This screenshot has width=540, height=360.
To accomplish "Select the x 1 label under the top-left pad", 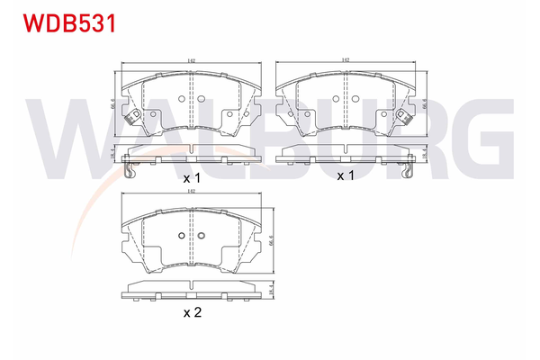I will tap(191, 179).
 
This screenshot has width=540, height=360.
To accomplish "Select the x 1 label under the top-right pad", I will tap(346, 175).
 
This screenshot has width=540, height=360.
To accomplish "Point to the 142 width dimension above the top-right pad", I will tap(345, 61).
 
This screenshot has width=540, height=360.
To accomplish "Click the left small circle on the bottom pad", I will tap(182, 237).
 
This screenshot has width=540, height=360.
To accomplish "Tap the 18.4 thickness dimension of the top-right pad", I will tap(422, 155).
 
